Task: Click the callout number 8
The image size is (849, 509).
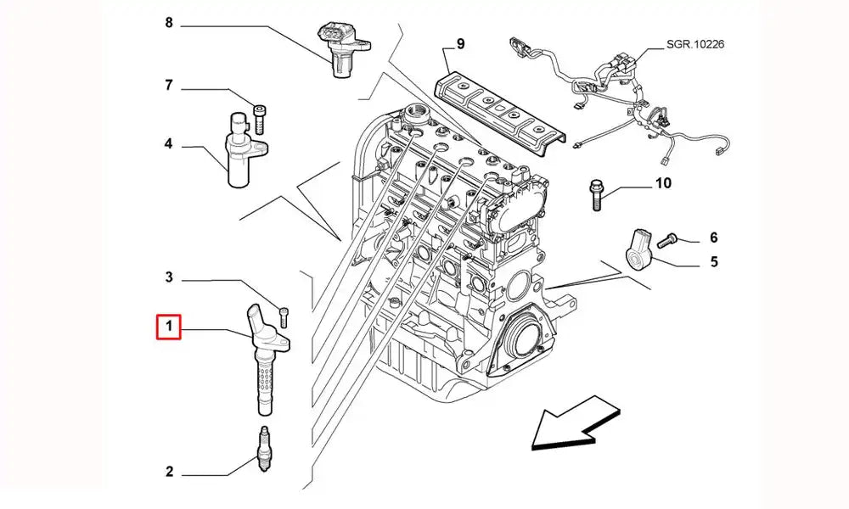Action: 168,24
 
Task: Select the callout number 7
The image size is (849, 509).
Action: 168,85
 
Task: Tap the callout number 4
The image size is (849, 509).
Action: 168,144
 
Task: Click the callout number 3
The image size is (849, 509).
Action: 168,277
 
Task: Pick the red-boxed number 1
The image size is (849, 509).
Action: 168,327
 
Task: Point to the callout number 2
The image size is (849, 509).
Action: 168,472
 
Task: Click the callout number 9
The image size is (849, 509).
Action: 460,43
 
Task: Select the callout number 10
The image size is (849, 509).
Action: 662,183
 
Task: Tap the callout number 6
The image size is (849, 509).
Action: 713,238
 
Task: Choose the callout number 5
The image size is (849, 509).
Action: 714,261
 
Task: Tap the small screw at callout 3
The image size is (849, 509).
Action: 284,316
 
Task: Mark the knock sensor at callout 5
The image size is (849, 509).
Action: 641,244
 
